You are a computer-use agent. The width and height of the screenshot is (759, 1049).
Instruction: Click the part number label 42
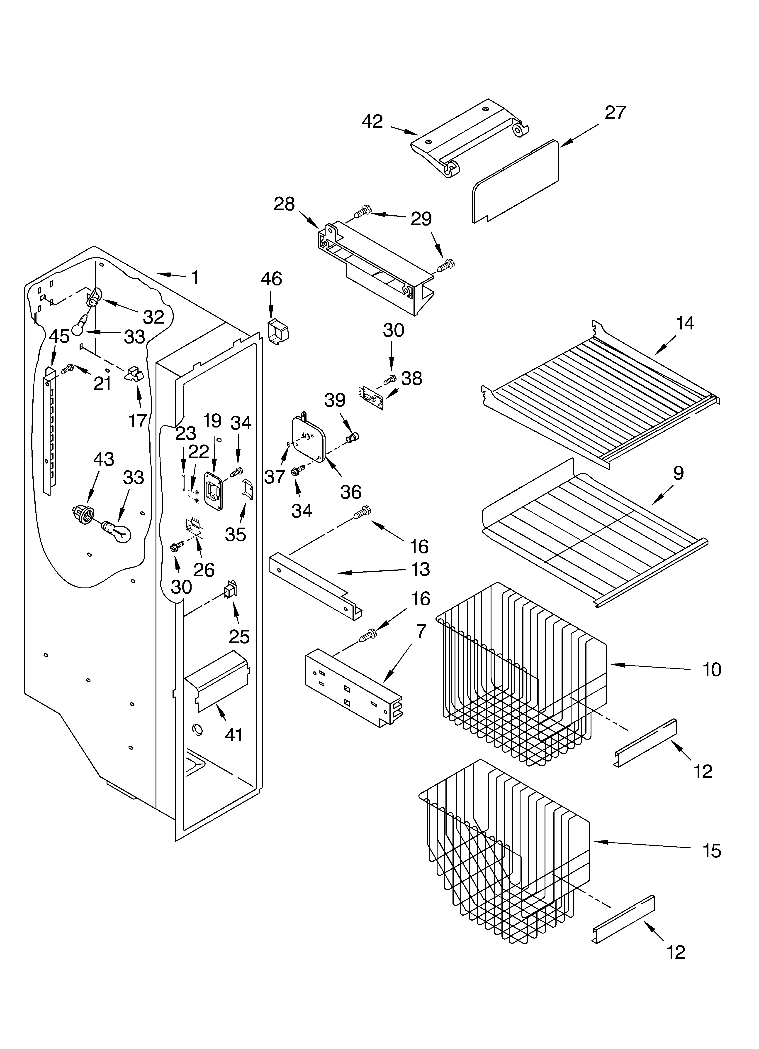coord(372,122)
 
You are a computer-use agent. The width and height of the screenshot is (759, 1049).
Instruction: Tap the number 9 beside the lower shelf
coord(678,473)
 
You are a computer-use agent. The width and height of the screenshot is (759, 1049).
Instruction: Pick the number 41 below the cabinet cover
coord(234,735)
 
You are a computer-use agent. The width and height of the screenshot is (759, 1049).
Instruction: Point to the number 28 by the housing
coord(284,204)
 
